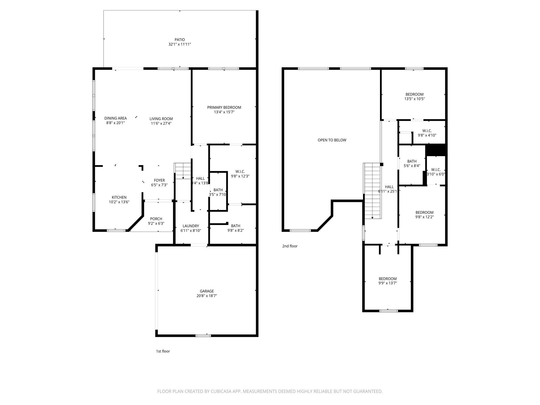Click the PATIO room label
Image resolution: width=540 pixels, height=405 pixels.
(180, 40)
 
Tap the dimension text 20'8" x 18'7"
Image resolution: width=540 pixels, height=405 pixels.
(207, 296)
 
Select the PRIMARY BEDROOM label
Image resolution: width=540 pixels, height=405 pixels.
(224, 107)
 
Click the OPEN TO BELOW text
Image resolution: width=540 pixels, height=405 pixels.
(332, 140)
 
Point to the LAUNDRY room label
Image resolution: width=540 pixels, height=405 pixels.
(191, 226)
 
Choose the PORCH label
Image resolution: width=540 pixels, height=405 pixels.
(156, 219)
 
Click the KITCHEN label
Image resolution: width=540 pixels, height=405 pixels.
(119, 197)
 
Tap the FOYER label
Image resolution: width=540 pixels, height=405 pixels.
(159, 180)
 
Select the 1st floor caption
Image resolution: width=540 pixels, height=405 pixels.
(163, 351)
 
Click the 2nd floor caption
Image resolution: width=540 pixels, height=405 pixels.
(290, 246)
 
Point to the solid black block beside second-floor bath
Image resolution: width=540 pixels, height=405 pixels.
(436, 150)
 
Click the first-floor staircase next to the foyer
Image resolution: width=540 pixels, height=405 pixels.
(182, 171)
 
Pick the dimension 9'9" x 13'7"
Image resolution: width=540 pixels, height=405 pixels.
(388, 283)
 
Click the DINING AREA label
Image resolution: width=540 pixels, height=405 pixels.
(115, 118)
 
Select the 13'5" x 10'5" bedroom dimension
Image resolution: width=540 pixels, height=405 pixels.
(414, 99)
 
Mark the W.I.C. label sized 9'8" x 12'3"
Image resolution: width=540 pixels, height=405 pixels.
(240, 171)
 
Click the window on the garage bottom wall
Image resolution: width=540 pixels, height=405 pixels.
(203, 336)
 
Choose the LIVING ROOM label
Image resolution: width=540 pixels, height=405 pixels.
(161, 119)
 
